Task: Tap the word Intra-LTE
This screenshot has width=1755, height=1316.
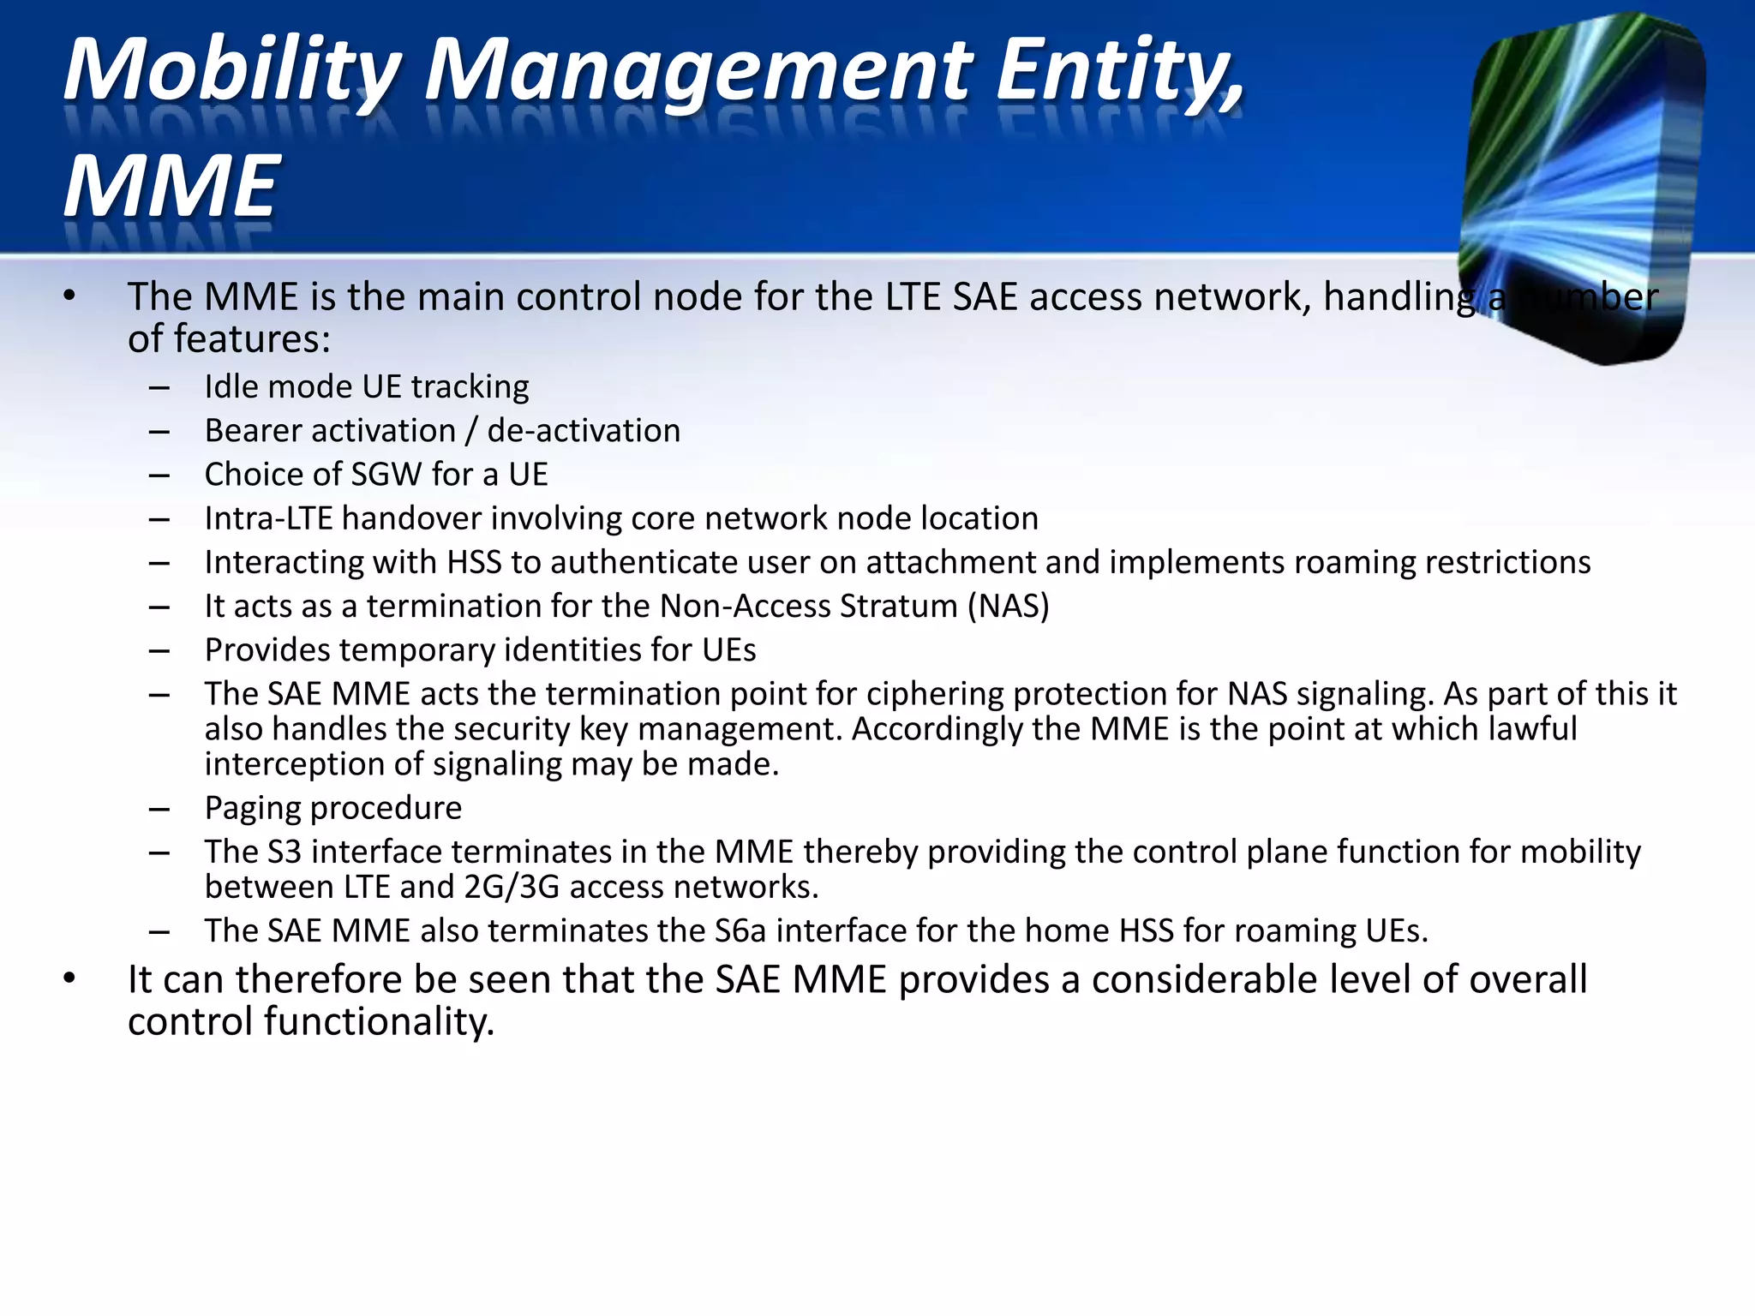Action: (x=268, y=519)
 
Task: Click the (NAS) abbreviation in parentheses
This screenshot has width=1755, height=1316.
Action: (x=1009, y=607)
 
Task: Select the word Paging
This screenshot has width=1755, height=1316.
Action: (x=253, y=808)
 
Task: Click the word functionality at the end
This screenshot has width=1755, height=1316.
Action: (x=379, y=1022)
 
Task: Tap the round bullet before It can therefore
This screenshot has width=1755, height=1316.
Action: (x=70, y=978)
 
